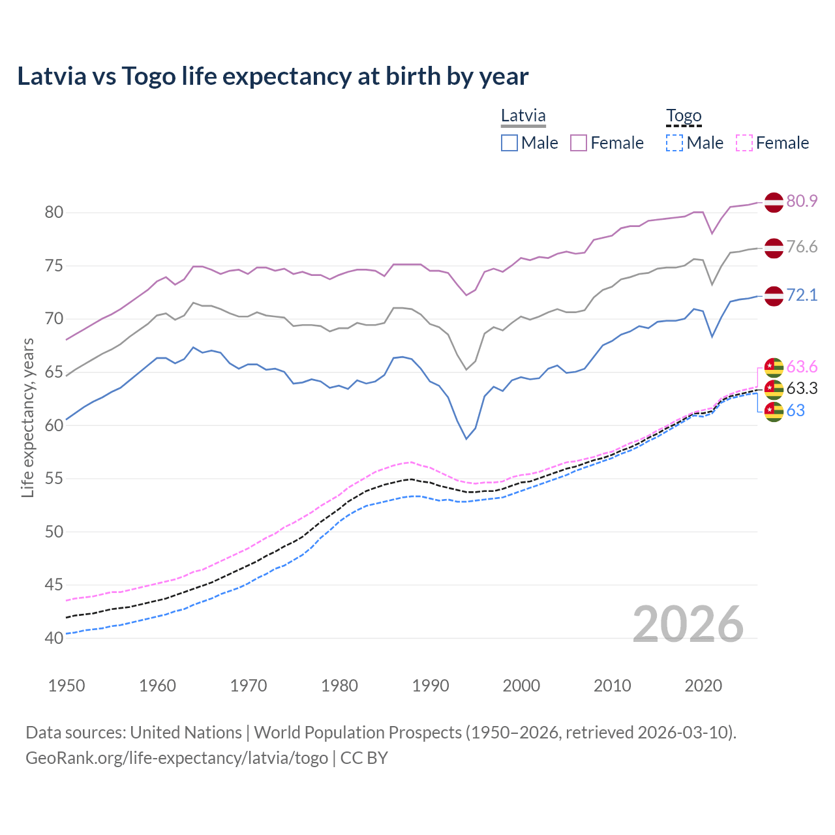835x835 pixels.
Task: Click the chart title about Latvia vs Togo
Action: point(273,76)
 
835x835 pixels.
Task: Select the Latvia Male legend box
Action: point(509,143)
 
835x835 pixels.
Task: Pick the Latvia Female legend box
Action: point(579,143)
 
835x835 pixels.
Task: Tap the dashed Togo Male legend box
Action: point(675,143)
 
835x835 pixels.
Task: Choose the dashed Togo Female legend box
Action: point(744,143)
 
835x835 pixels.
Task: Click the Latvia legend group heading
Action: point(523,116)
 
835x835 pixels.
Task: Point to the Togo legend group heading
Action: point(684,116)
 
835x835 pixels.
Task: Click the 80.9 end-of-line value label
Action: point(802,201)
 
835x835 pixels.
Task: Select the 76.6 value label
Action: point(802,247)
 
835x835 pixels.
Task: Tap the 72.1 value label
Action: point(802,295)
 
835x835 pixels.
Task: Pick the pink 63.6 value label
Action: point(802,367)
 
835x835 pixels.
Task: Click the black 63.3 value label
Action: point(802,389)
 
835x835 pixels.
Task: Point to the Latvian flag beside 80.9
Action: point(774,202)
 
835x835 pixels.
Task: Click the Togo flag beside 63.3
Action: point(774,389)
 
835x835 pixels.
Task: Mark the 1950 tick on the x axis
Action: point(67,686)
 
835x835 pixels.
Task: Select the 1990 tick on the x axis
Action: point(431,686)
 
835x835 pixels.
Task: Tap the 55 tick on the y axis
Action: point(54,479)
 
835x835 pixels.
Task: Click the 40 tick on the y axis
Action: point(54,638)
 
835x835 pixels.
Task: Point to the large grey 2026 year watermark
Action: point(688,624)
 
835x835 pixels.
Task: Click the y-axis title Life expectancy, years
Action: point(28,417)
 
